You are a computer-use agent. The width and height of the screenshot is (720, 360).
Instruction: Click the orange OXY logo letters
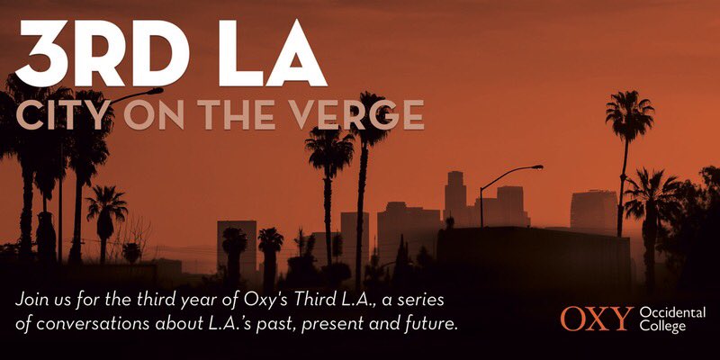pos(596,319)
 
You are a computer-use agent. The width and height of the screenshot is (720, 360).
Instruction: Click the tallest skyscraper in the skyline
pos(455,193)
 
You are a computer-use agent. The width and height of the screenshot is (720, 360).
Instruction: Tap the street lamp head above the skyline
pos(536,166)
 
